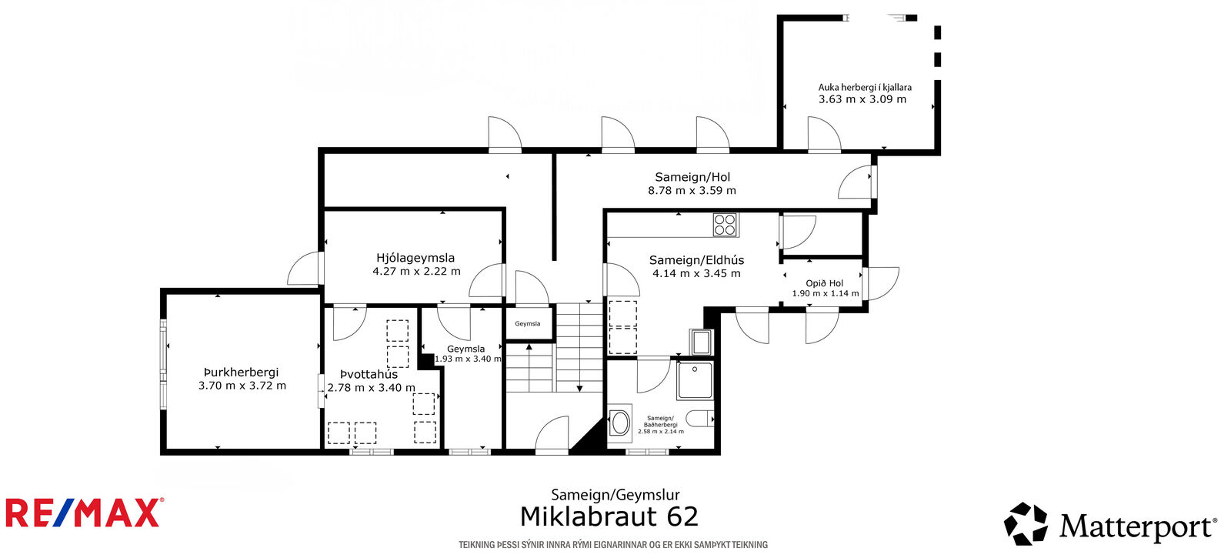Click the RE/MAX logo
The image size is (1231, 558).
coord(85,513)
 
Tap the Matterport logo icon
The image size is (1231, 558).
coord(1026,523)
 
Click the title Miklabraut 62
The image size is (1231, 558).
coord(609,516)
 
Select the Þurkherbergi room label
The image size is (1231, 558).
coord(242,373)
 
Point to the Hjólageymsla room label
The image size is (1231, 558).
coord(415,258)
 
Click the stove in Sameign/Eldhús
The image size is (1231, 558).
coord(725,225)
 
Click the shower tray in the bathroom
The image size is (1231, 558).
coord(696,380)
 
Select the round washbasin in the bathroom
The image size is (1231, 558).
coord(620,424)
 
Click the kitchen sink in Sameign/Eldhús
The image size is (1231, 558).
coord(701,342)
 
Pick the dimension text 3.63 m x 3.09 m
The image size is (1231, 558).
coord(862,99)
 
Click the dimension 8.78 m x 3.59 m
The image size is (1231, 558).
coord(692,191)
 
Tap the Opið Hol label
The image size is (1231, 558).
coord(824,283)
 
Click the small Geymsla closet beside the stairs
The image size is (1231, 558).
coord(528,324)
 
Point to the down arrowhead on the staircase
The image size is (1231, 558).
coord(580,389)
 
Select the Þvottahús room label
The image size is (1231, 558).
coord(369,374)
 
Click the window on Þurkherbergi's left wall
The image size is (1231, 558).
coord(163,364)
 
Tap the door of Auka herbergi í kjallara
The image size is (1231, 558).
coord(824,134)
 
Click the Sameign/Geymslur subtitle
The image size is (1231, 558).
coord(615,496)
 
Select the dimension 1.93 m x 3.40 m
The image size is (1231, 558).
coord(468,359)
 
